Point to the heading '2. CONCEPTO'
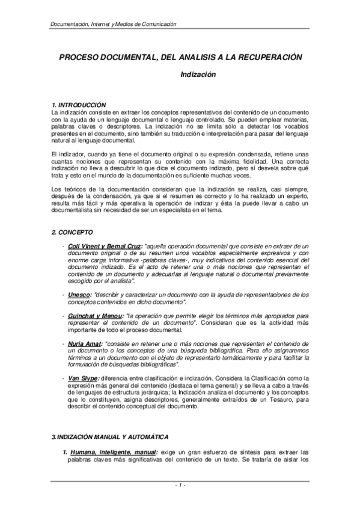coord(71,232)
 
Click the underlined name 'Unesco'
coord(80,295)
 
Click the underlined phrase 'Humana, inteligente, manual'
coord(113,451)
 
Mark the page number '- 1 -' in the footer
coord(180,485)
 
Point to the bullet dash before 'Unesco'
coord(64,295)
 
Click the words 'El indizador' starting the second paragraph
coord(69,155)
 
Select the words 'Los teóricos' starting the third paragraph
coord(70,190)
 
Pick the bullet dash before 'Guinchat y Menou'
coord(64,316)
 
